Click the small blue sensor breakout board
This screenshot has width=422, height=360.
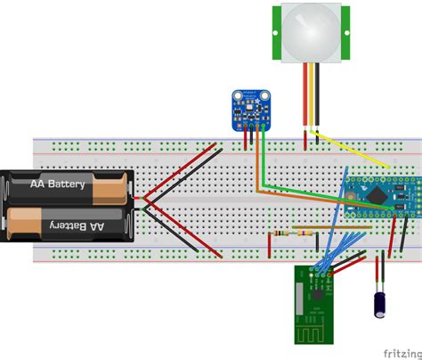coord(249,107)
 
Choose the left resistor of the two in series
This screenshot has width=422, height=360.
coord(281,233)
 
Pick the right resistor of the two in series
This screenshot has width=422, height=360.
coord(306,233)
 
